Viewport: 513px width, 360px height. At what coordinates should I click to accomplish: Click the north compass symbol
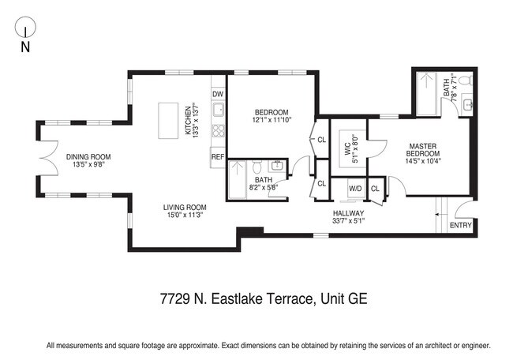click(25, 32)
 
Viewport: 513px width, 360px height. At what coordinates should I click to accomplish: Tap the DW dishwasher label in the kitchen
click(218, 95)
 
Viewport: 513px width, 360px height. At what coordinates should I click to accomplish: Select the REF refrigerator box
click(218, 157)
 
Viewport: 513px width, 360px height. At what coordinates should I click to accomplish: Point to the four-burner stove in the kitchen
click(219, 131)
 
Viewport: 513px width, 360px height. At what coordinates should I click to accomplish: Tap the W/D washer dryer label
click(355, 189)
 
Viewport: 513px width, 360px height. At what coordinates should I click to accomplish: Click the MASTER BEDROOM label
click(422, 150)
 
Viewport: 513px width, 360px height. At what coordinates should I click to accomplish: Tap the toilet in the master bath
click(465, 81)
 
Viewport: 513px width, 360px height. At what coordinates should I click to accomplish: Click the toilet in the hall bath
click(256, 168)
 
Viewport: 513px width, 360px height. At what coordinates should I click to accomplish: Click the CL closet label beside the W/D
click(375, 189)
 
